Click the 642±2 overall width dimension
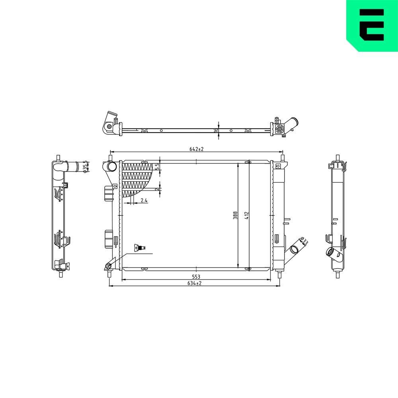(196, 149)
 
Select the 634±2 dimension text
(195, 283)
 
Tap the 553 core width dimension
(195, 277)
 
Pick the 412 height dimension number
(247, 215)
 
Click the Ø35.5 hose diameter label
(85, 168)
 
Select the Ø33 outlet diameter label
(304, 241)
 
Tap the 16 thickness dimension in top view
(216, 130)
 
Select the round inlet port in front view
(112, 166)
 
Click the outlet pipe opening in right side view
(330, 252)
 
